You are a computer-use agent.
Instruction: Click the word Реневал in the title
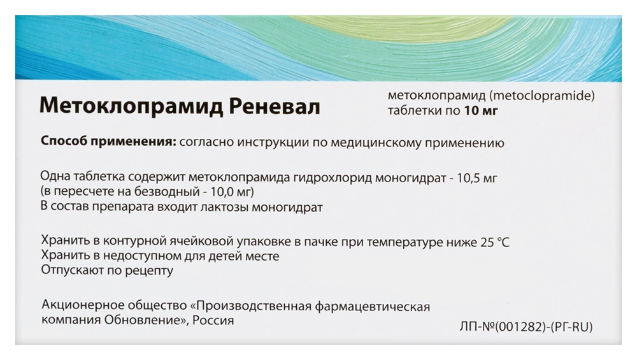pos(275,106)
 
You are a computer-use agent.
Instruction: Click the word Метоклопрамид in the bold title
pos(131,107)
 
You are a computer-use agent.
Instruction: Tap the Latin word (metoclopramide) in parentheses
pos(541,96)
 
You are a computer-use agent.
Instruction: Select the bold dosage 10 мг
pos(481,110)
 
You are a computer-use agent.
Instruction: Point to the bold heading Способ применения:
pos(108,142)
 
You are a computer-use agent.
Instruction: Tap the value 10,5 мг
pos(477,178)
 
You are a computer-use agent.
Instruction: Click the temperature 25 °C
pos(494,242)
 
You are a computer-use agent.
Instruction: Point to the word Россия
pos(213,320)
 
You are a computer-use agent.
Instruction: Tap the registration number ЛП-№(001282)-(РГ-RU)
pos(526,326)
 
